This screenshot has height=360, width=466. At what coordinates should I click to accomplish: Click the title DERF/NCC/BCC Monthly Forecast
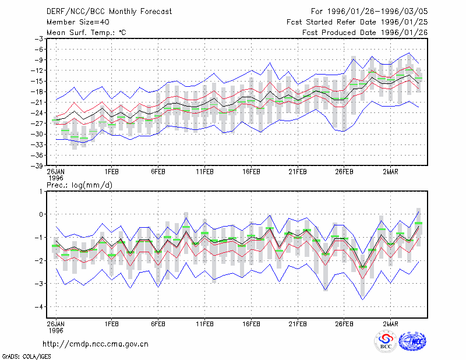(x=109, y=12)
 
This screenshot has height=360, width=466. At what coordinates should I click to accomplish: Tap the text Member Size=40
(x=78, y=22)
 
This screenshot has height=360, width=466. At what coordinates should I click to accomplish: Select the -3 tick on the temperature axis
(x=39, y=39)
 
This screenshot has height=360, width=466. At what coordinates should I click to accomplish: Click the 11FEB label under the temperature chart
(x=205, y=172)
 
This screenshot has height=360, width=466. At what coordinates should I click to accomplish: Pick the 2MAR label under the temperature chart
(x=390, y=172)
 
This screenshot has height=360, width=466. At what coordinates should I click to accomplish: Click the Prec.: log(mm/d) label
(x=80, y=185)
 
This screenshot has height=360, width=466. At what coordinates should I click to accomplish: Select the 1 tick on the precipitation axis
(x=41, y=192)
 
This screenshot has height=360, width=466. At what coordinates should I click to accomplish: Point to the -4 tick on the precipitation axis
(x=38, y=306)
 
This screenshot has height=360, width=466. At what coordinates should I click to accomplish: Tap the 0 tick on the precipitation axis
(x=41, y=214)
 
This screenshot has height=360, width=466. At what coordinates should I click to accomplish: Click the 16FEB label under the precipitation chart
(x=251, y=324)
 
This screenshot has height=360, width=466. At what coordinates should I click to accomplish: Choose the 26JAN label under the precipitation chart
(x=55, y=324)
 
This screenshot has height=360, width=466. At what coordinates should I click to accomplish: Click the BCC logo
(x=386, y=341)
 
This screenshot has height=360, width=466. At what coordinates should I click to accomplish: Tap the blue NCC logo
(x=412, y=341)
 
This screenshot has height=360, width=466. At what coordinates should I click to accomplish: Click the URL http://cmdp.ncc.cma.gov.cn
(x=96, y=344)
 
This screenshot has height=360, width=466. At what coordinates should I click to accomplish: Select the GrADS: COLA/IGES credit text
(x=26, y=357)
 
